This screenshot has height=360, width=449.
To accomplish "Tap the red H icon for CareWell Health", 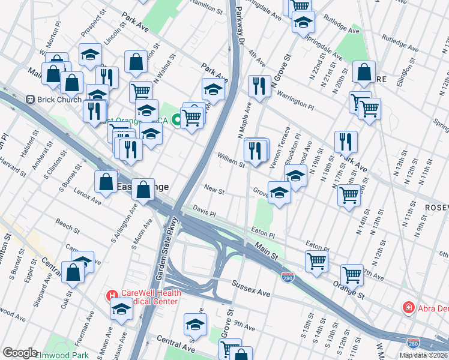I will [112, 295].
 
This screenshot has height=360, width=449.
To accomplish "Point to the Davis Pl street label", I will [204, 209].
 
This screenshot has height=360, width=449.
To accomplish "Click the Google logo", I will [20, 353].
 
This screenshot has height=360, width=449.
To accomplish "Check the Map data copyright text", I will [423, 355].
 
